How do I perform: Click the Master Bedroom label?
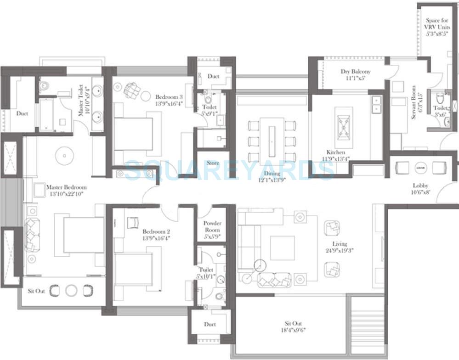[66, 187]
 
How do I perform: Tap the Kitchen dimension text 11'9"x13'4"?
[335, 159]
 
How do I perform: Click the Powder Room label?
[212, 226]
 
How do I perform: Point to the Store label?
[213, 163]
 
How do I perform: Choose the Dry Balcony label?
[355, 72]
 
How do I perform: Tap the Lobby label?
[420, 186]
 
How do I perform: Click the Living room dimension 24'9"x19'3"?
[340, 251]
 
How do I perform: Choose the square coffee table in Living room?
[282, 248]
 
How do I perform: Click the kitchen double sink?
[376, 104]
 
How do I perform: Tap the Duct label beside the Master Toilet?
[22, 113]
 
